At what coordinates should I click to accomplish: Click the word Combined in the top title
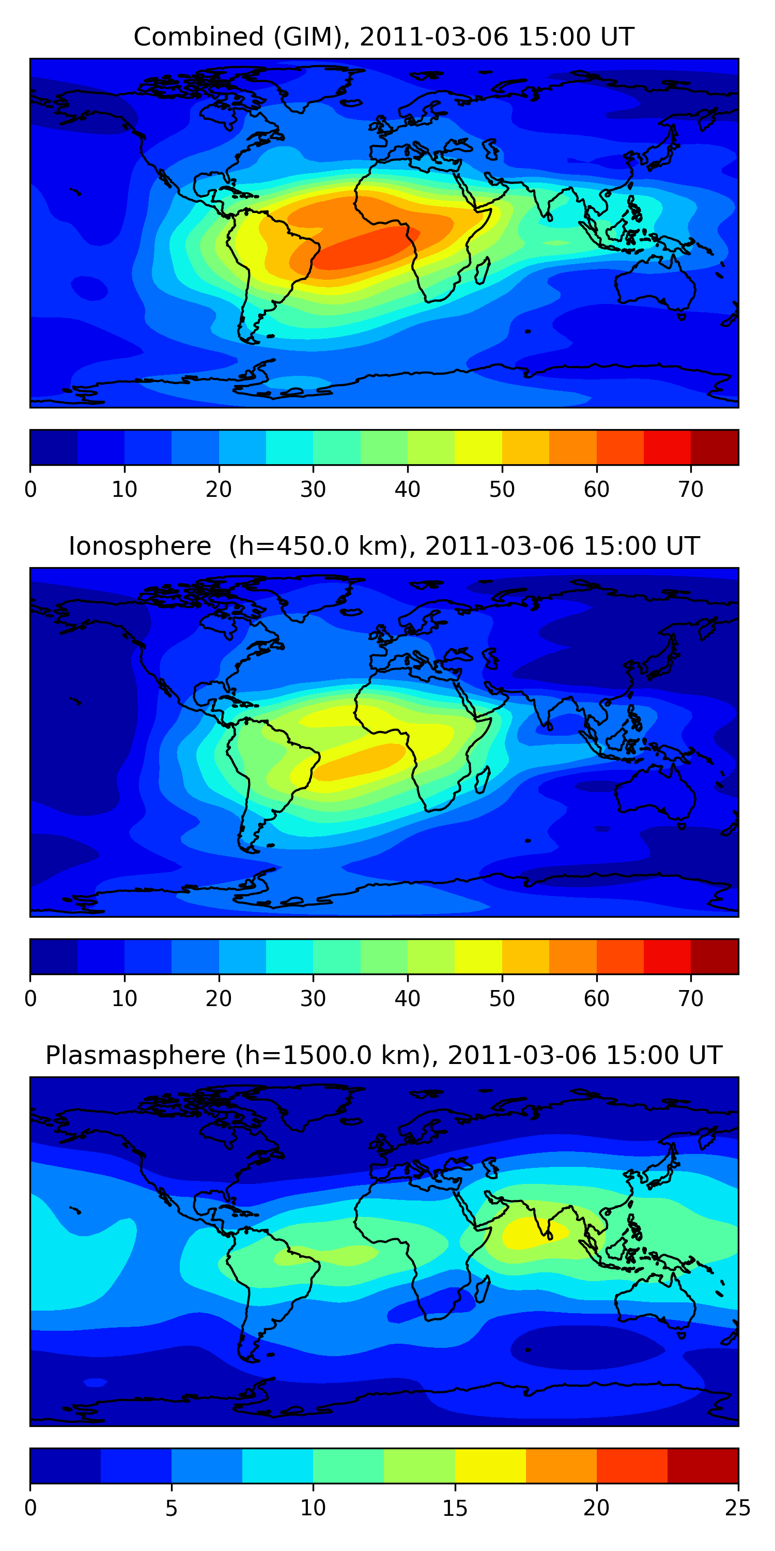[x=198, y=37]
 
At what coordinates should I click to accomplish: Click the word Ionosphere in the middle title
[x=139, y=546]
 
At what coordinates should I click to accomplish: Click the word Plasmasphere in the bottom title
[x=135, y=1056]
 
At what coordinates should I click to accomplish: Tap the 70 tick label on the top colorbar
[x=691, y=490]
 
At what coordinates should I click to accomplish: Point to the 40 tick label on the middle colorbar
[x=407, y=999]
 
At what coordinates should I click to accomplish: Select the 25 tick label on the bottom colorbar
[x=737, y=1508]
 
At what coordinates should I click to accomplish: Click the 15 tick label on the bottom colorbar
[x=455, y=1508]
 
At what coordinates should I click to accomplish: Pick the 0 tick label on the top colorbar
[x=30, y=490]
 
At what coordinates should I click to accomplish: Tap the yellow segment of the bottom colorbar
[x=490, y=1466]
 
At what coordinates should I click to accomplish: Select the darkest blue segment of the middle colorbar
[x=54, y=957]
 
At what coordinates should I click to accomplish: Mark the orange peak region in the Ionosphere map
[x=361, y=760]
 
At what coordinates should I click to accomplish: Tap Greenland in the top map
[x=313, y=87]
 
